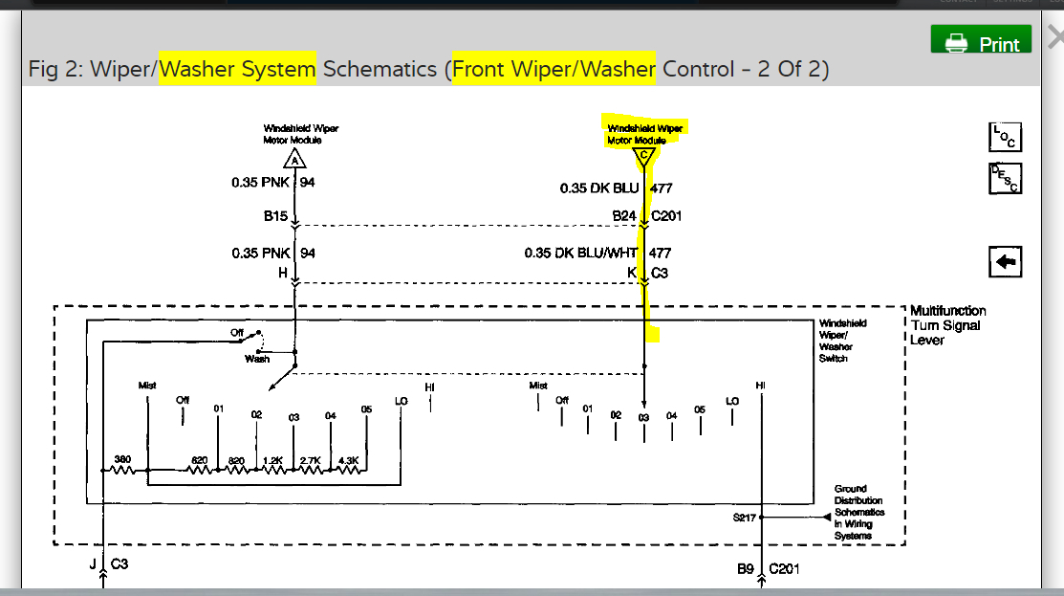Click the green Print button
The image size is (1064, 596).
tap(981, 42)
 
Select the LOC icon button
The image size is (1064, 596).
tap(1005, 137)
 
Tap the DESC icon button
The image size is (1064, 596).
tap(1005, 178)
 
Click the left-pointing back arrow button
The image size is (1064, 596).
tap(1005, 262)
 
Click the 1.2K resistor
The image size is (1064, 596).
tap(273, 470)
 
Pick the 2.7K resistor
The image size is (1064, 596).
tap(311, 470)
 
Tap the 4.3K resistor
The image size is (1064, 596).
tap(348, 470)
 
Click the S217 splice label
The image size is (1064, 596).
tap(745, 518)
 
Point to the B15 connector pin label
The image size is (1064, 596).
tap(275, 217)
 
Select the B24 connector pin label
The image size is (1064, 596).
tap(624, 217)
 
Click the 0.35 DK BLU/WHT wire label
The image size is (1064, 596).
tap(580, 254)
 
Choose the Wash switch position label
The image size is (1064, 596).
tap(257, 359)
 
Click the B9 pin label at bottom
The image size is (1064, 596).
tap(746, 569)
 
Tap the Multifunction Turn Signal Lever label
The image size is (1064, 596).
tap(947, 325)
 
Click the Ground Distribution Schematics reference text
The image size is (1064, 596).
tap(858, 512)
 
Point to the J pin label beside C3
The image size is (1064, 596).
tap(93, 564)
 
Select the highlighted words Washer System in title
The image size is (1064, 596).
tap(237, 69)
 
